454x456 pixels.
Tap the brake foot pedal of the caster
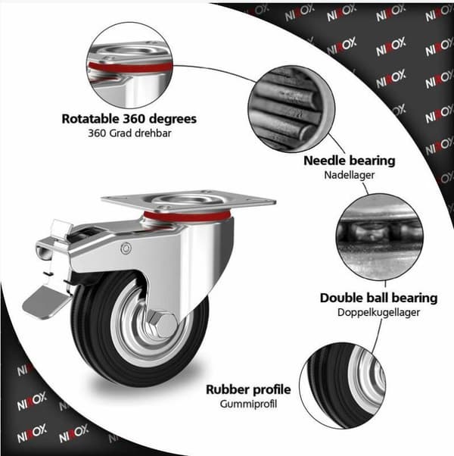coord(47,302)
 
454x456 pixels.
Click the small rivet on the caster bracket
coord(126,248)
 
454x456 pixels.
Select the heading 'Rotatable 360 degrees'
coord(129,119)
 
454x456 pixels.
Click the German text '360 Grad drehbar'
coord(129,133)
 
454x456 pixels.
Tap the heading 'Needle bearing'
coord(350,161)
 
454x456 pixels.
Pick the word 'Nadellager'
coord(350,175)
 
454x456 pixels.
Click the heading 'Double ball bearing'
coord(379,298)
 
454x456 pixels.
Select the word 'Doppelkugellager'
coord(379,312)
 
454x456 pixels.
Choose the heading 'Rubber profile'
coord(248,389)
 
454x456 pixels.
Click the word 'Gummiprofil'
coord(248,404)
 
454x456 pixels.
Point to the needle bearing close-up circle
coord(291,109)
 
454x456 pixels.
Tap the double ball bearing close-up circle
coord(379,237)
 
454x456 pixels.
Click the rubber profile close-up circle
coord(343,386)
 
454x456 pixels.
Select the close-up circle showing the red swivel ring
coord(129,65)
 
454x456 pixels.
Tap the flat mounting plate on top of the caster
coord(188,201)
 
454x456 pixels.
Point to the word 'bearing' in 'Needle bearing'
coord(372,161)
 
